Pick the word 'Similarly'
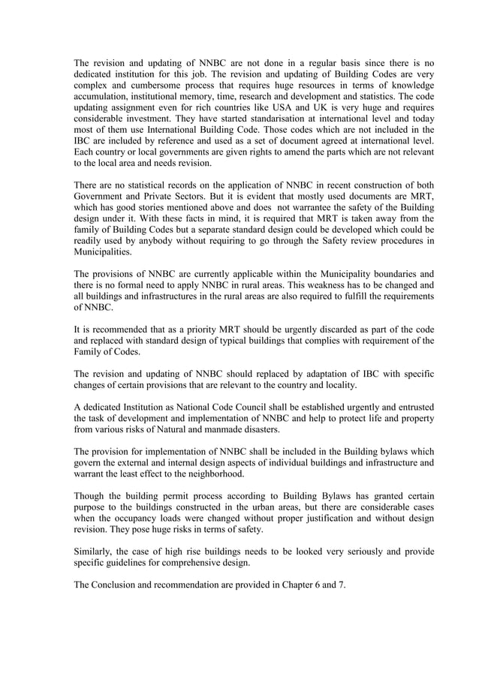click(95, 552)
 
